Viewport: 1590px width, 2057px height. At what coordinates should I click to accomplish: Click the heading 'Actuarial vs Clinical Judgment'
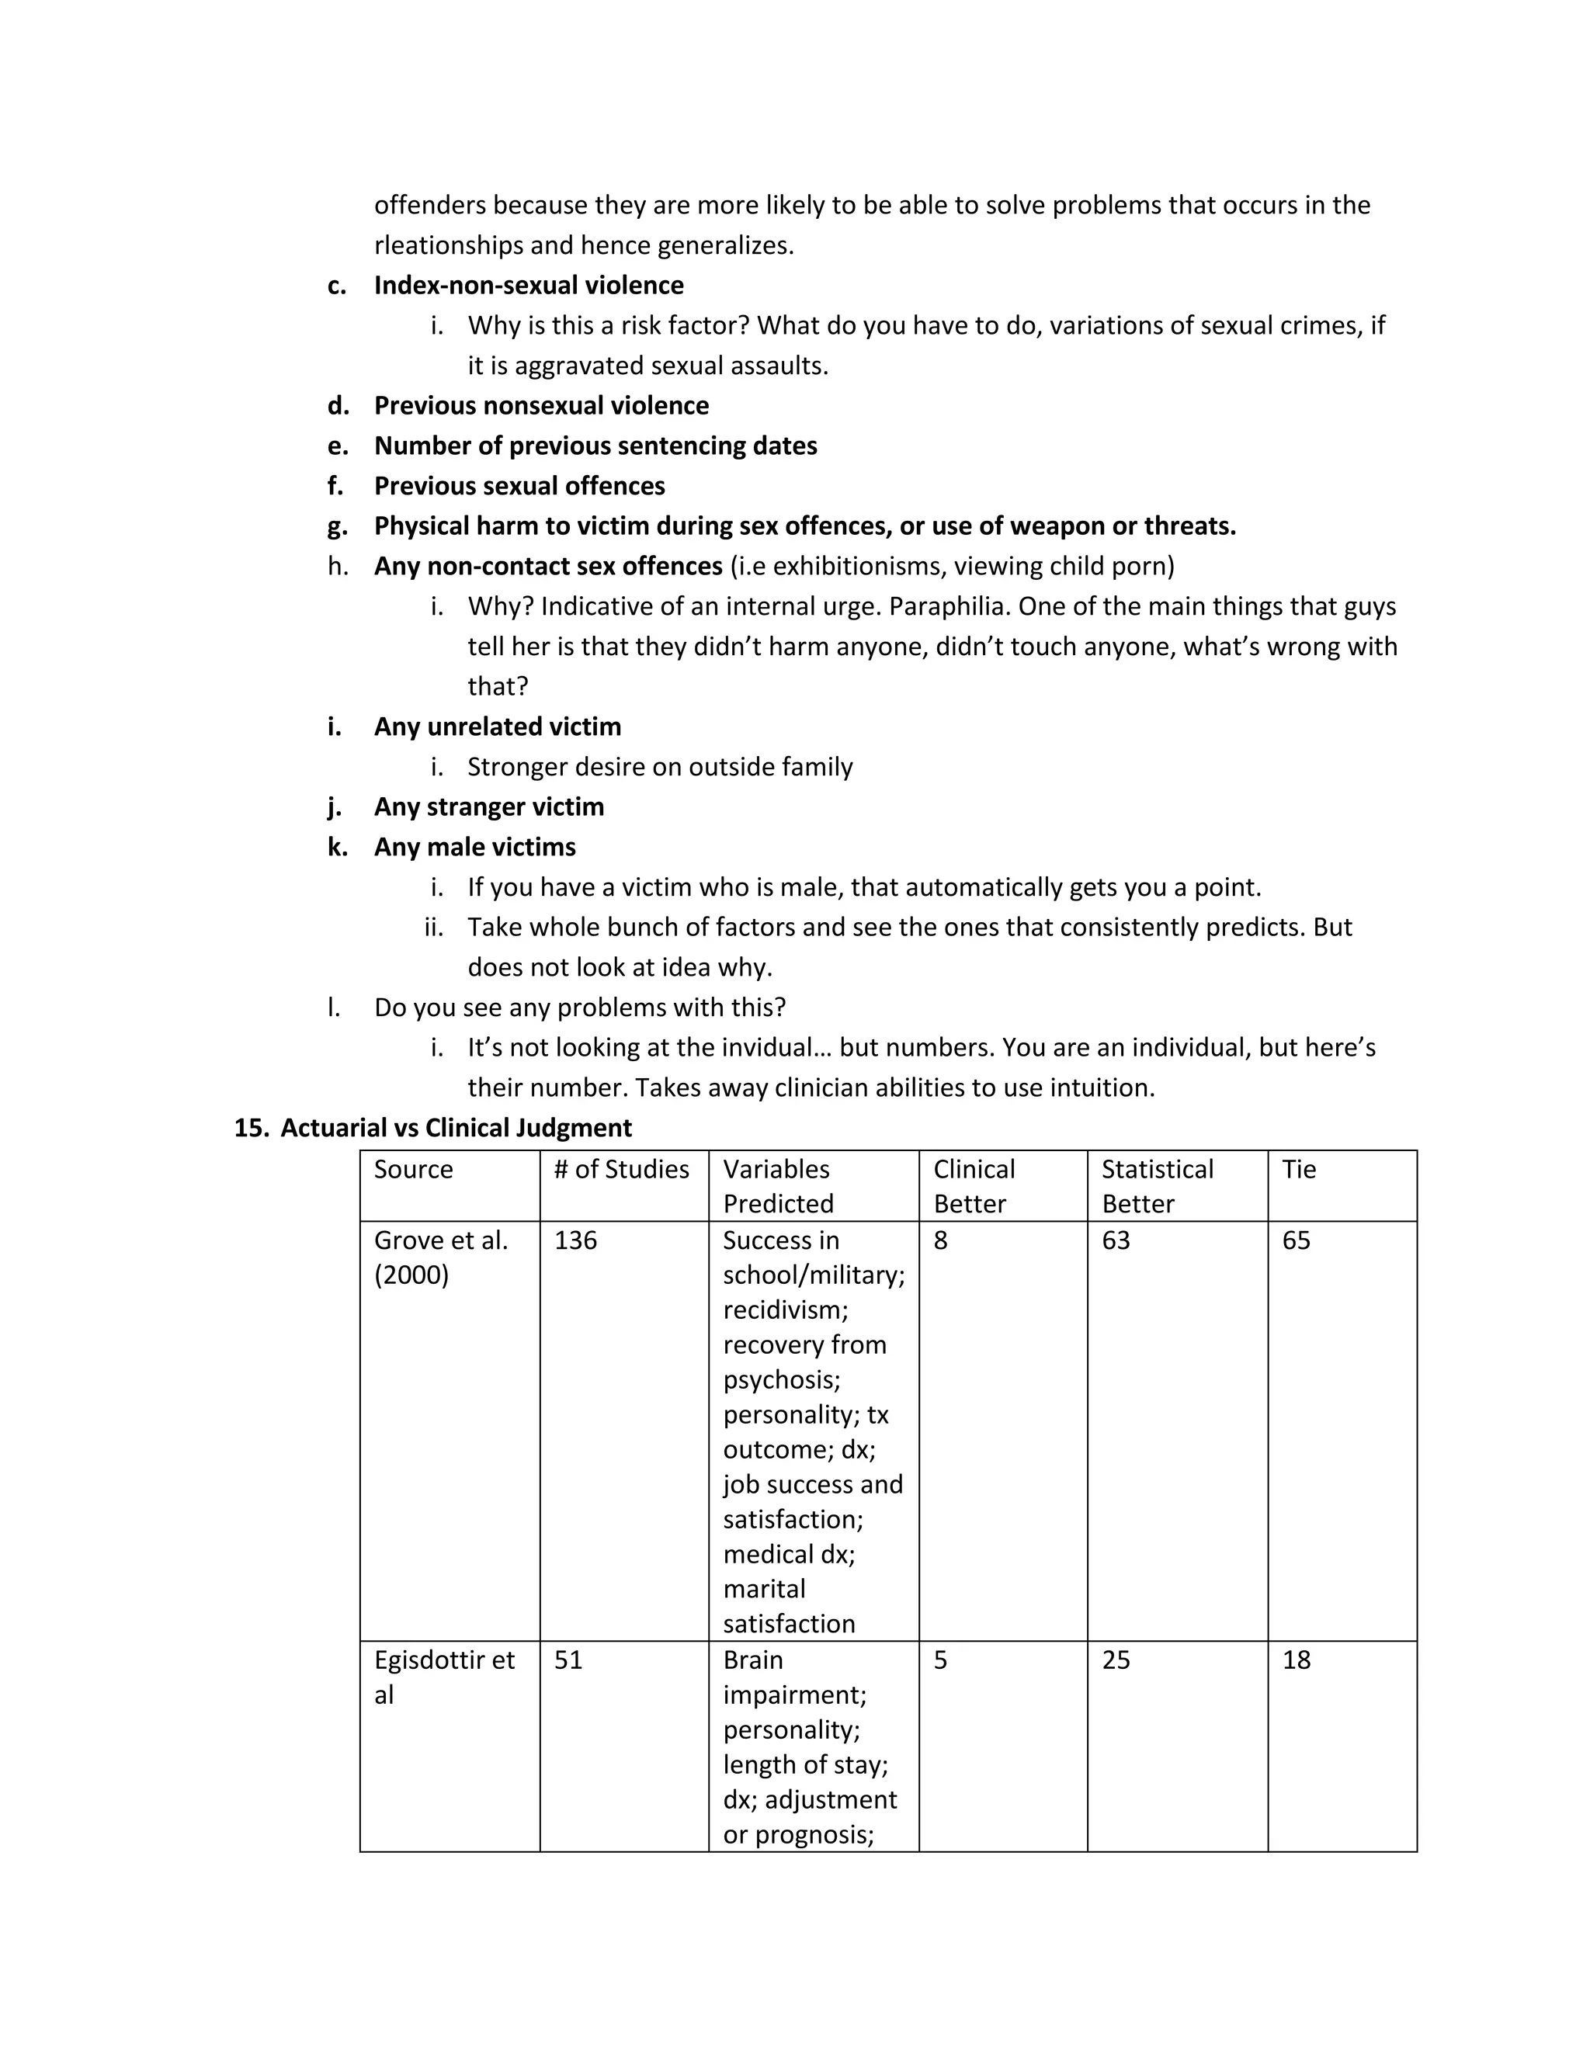pyautogui.click(x=456, y=1127)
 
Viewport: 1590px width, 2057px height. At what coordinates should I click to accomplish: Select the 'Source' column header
pyautogui.click(x=414, y=1169)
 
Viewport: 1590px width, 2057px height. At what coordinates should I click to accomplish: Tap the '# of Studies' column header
pyautogui.click(x=622, y=1169)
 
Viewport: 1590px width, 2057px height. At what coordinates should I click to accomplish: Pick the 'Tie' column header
pyautogui.click(x=1299, y=1169)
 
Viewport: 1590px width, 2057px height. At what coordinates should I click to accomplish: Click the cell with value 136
pyautogui.click(x=575, y=1240)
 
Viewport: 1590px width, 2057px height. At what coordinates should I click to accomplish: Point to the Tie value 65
pyautogui.click(x=1296, y=1240)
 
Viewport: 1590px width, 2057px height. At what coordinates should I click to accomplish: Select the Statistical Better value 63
pyautogui.click(x=1116, y=1240)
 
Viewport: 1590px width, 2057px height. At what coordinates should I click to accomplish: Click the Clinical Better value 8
pyautogui.click(x=941, y=1240)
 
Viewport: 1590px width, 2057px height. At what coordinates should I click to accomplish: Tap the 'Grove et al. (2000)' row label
pyautogui.click(x=441, y=1257)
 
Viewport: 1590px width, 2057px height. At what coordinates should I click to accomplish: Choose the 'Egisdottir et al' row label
pyautogui.click(x=443, y=1677)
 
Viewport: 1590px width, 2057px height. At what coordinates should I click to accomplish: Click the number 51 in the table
pyautogui.click(x=568, y=1660)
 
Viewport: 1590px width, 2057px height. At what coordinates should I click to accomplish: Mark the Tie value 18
pyautogui.click(x=1296, y=1660)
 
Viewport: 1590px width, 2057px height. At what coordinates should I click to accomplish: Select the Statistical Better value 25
pyautogui.click(x=1116, y=1660)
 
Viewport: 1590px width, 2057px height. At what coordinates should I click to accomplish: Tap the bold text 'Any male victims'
pyautogui.click(x=474, y=847)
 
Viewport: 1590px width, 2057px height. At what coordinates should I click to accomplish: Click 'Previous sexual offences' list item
pyautogui.click(x=519, y=486)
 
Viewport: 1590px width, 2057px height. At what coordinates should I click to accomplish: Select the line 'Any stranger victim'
pyautogui.click(x=489, y=807)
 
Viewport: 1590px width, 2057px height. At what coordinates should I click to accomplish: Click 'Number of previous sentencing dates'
pyautogui.click(x=595, y=446)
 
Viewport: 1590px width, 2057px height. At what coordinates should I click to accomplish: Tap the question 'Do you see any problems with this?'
pyautogui.click(x=579, y=1007)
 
